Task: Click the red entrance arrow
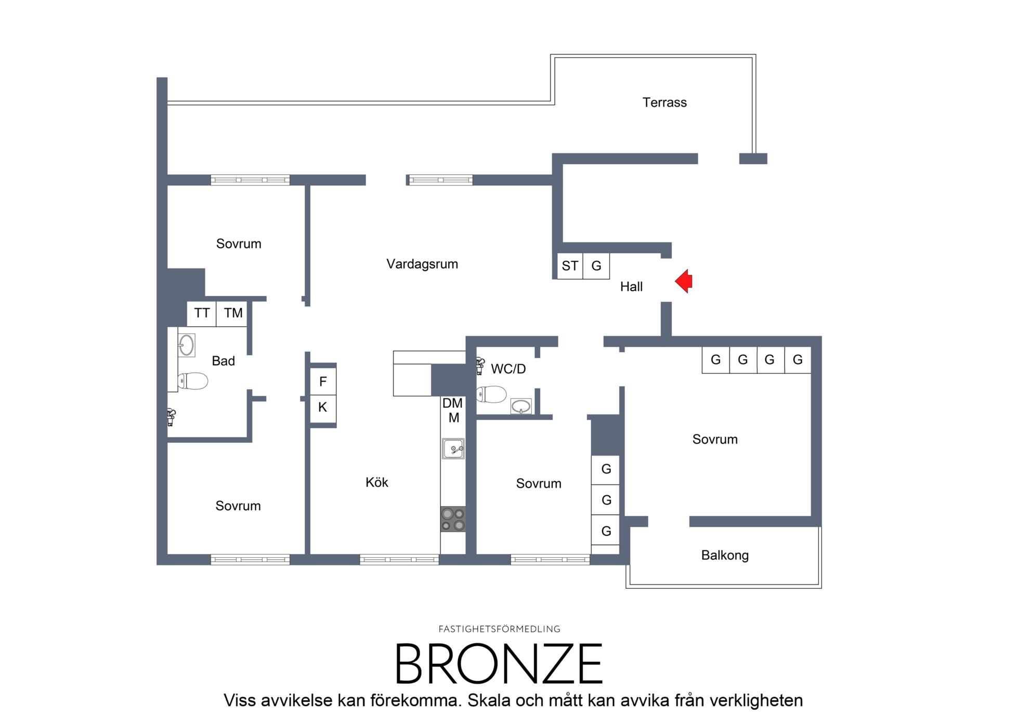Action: [x=684, y=281]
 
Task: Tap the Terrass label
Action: [x=664, y=102]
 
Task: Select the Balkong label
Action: [x=725, y=556]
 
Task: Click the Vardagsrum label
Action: [x=422, y=264]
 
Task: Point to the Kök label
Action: [x=377, y=482]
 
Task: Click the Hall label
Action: [x=631, y=287]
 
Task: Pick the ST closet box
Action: [x=570, y=266]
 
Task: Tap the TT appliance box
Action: [x=202, y=313]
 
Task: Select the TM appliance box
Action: [x=232, y=313]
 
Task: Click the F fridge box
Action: [x=323, y=382]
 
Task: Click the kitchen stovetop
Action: [x=453, y=519]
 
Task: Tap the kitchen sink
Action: [x=453, y=448]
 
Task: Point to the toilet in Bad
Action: [x=192, y=381]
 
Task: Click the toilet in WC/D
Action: [x=491, y=394]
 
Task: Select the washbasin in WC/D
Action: [x=521, y=406]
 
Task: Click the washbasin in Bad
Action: [x=186, y=345]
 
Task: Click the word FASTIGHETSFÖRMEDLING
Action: [x=499, y=629]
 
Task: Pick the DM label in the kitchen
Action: [x=452, y=403]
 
